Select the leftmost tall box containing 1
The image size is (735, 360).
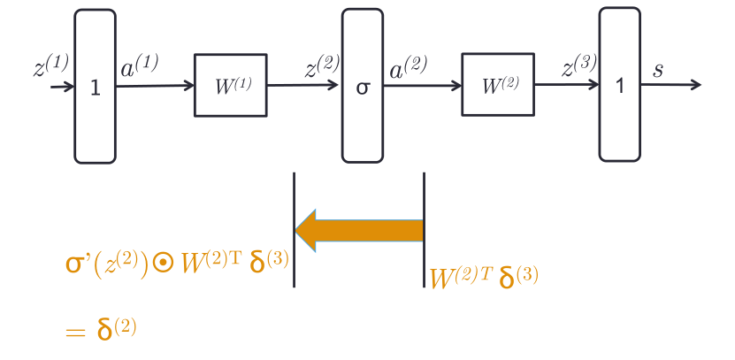pos(95,87)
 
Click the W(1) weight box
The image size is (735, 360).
pos(230,86)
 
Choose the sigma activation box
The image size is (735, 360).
pos(363,86)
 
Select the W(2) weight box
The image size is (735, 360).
pos(498,85)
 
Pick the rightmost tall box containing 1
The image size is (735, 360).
pos(620,85)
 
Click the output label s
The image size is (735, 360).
pos(658,70)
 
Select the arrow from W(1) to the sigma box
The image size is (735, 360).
pos(303,86)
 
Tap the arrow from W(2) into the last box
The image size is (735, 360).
pos(566,85)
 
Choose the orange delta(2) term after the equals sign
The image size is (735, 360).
pos(116,330)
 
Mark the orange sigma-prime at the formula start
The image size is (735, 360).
pos(80,264)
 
